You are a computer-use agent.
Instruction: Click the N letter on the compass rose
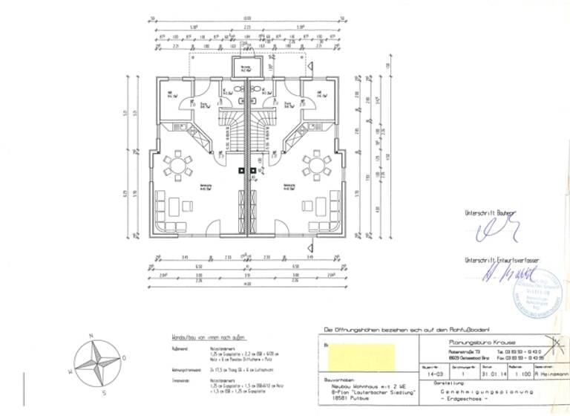(91, 337)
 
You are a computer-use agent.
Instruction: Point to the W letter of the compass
(71, 370)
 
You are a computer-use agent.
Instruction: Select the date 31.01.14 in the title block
(488, 374)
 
